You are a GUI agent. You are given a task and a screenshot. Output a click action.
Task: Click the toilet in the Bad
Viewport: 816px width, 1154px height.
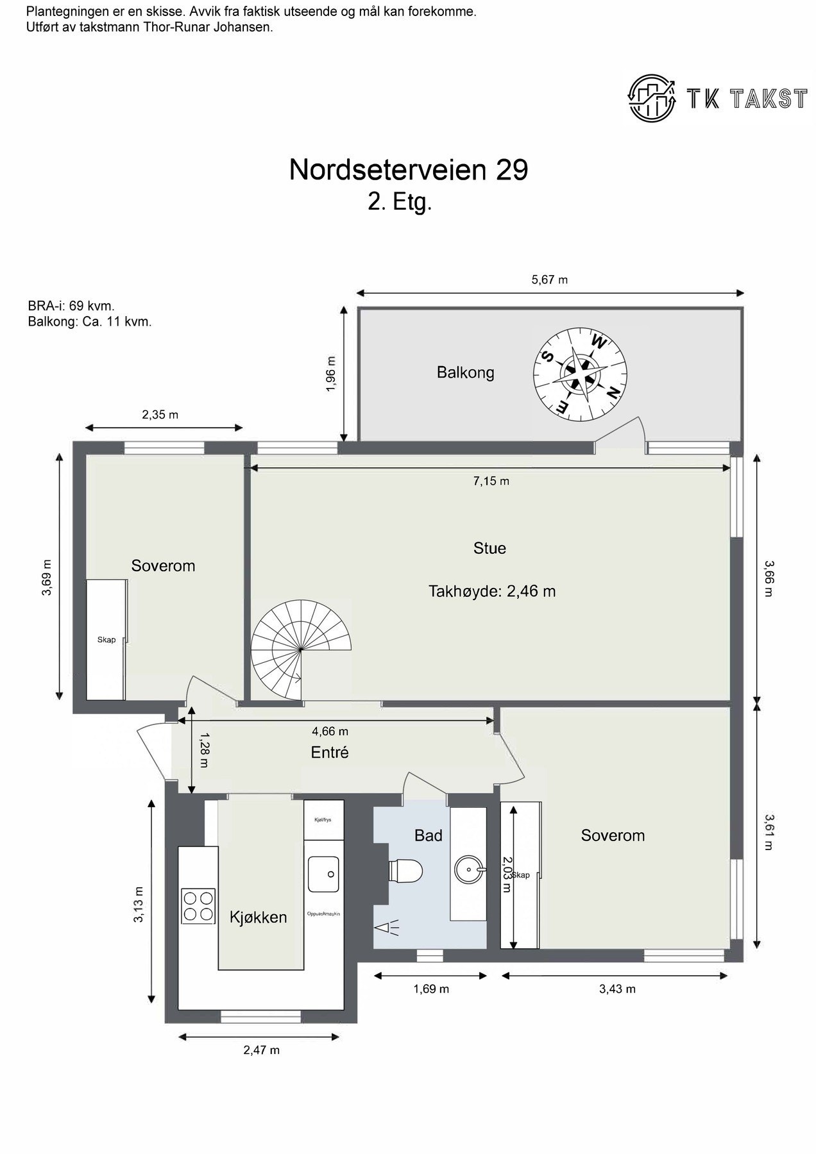[x=407, y=871]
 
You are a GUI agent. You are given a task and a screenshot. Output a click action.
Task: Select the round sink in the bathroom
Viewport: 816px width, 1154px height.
[x=468, y=870]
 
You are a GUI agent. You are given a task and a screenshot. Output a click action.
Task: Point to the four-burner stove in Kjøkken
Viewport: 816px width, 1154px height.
[x=198, y=905]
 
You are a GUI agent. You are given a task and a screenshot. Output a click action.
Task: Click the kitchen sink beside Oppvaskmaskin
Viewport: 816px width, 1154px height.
[x=324, y=874]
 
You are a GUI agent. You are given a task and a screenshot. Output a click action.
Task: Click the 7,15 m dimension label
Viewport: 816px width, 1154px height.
[x=491, y=481]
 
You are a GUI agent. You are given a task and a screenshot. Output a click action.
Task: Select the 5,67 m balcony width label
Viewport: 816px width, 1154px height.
[x=550, y=280]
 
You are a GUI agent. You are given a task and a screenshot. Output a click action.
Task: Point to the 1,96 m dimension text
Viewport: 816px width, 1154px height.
[x=331, y=374]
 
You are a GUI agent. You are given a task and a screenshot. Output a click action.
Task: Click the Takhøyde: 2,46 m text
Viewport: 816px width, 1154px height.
[x=492, y=591]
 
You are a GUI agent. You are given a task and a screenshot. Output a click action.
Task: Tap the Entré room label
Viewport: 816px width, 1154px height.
[x=330, y=753]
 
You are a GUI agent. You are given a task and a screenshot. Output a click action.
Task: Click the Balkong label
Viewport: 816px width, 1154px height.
[x=465, y=372]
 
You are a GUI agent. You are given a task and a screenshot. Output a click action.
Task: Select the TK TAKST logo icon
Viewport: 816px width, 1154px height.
[x=652, y=97]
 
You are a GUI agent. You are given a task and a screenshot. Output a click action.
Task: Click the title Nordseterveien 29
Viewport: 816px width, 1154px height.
[x=408, y=170]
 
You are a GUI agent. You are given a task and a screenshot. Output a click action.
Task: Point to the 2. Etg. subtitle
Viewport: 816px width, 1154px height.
[x=400, y=203]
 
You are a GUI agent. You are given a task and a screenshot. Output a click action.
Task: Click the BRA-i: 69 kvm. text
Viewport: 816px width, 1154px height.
[x=71, y=306]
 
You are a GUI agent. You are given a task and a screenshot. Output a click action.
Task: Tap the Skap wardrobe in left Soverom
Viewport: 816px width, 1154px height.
[x=106, y=640]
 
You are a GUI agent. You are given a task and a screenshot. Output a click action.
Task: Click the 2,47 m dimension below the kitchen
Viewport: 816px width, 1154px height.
[x=261, y=1050]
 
